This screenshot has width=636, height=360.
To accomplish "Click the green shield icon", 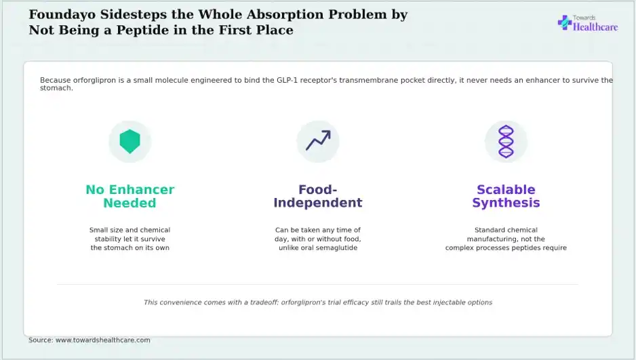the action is coord(130,142).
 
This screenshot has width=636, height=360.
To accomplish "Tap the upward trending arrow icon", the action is coord(318,140).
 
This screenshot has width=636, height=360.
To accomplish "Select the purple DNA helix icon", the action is coord(506,142).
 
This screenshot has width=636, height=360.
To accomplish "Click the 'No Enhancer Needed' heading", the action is coord(130,196).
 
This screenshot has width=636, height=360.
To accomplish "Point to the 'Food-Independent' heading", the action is coord(318,196).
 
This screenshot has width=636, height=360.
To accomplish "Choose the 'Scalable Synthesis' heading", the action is coord(506,196).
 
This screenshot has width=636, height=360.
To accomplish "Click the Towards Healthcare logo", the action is coord(588,24).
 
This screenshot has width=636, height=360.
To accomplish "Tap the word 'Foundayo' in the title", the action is coord(62,15).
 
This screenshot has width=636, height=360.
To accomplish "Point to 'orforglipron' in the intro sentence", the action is coord(94,80).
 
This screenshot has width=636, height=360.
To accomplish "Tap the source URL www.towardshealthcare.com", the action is coord(102,340).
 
